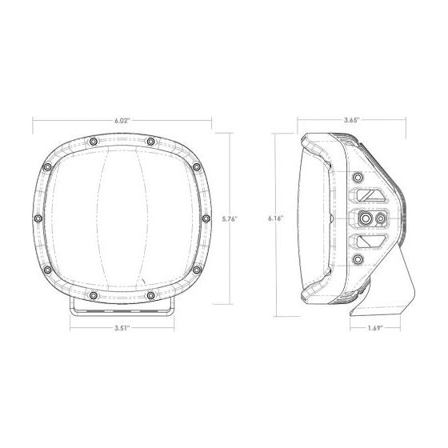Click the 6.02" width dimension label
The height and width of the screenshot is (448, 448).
click(122, 119)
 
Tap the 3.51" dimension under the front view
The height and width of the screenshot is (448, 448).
click(122, 326)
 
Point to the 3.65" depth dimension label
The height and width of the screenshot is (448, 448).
click(351, 119)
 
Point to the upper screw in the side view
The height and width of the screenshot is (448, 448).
click(358, 176)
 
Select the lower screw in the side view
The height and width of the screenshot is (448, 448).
click(358, 259)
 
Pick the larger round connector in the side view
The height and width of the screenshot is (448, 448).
click(366, 218)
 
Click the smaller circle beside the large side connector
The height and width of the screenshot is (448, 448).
click(380, 218)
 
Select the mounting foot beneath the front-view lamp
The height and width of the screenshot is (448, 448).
click(122, 309)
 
